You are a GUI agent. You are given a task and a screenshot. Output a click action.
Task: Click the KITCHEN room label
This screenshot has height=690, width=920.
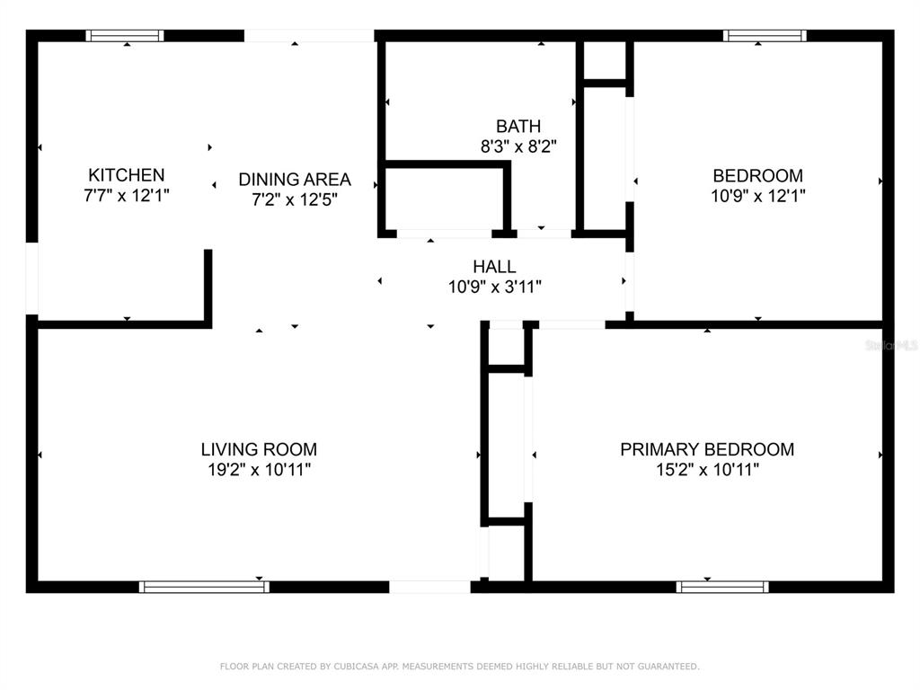pos(126,175)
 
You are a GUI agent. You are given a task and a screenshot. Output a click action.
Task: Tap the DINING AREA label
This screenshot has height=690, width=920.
pos(295,179)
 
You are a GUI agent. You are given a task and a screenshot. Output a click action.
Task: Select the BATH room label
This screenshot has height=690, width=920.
pos(518,126)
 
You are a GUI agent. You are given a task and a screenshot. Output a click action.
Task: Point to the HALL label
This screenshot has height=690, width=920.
pos(494,266)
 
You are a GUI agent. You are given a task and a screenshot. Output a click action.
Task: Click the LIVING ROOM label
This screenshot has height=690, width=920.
pos(259,449)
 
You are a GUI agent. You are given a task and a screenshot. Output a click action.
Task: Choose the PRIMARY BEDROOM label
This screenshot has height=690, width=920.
pos(707,449)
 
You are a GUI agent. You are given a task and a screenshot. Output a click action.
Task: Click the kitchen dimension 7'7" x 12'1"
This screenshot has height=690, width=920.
pos(126,195)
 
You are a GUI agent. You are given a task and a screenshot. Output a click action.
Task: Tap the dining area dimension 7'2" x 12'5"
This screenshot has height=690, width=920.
pos(295,199)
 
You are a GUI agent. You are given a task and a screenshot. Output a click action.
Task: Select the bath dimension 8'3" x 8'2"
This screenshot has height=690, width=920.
pos(518,146)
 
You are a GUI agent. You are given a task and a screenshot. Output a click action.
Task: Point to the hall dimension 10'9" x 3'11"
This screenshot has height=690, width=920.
pos(494,287)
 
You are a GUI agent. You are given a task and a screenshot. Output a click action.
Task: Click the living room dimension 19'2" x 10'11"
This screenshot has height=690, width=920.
pos(259,469)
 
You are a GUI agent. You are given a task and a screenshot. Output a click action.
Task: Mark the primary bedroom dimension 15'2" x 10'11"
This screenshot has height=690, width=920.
pos(707,469)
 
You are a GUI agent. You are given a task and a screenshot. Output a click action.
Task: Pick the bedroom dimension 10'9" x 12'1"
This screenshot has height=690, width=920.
pos(757,195)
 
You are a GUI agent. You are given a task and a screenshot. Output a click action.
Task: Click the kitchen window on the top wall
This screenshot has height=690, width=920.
pos(125,36)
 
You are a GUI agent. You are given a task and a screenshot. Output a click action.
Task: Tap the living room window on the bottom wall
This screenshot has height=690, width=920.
pos(204,587)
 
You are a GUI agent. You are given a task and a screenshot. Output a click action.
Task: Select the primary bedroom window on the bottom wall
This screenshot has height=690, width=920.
pos(722,587)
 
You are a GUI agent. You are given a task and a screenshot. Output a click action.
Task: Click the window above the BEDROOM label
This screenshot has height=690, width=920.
pos(765,36)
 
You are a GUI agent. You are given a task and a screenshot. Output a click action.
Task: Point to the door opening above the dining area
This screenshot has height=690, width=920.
pos(309,36)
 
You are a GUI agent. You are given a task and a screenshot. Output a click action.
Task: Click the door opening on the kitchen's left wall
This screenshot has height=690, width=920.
pos(32,279)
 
